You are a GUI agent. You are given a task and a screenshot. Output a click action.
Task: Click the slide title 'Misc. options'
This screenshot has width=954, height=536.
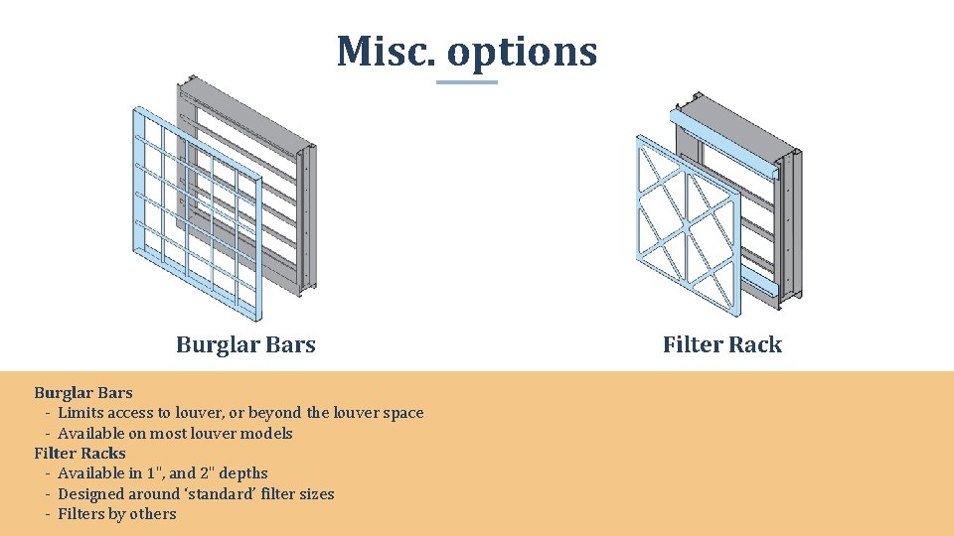pyautogui.click(x=466, y=51)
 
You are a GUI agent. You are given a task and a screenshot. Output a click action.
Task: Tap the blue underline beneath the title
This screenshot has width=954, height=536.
pyautogui.click(x=466, y=82)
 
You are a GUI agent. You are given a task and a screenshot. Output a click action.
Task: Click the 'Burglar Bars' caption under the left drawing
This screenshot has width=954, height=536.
pyautogui.click(x=245, y=344)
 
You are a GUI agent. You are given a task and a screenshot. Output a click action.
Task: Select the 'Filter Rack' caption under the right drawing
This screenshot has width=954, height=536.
pyautogui.click(x=721, y=344)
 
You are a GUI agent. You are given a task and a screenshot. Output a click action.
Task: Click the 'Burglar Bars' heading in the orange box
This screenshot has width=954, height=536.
pyautogui.click(x=82, y=392)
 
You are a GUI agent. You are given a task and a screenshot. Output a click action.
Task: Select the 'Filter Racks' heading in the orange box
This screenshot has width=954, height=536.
pyautogui.click(x=79, y=453)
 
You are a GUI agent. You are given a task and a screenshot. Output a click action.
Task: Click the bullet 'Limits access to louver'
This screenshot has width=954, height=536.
pyautogui.click(x=239, y=413)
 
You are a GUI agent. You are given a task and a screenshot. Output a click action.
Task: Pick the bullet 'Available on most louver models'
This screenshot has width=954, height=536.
pyautogui.click(x=175, y=433)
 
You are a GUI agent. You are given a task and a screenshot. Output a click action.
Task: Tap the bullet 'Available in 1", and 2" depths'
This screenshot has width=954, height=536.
pyautogui.click(x=162, y=473)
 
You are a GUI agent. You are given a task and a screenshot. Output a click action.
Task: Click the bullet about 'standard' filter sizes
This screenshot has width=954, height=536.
pyautogui.click(x=196, y=493)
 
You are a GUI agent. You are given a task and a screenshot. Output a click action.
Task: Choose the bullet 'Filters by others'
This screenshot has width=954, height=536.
pyautogui.click(x=116, y=514)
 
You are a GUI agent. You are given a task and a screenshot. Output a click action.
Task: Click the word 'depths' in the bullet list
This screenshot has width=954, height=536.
pyautogui.click(x=241, y=473)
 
